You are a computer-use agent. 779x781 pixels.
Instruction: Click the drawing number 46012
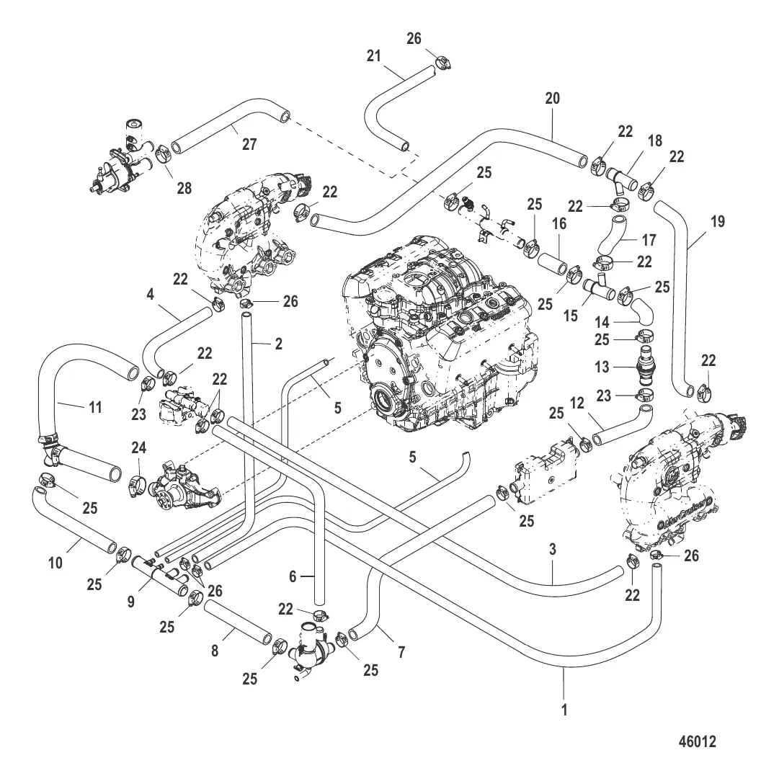pos(697,740)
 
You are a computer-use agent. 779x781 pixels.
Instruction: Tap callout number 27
pos(249,143)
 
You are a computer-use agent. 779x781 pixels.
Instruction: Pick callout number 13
pos(601,367)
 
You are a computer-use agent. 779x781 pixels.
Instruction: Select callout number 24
pos(139,449)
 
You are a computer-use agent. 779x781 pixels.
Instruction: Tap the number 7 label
pos(401,652)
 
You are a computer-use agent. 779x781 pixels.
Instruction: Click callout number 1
pos(564,709)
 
